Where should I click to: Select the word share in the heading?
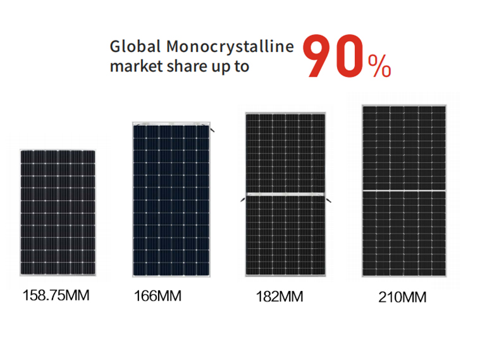[x=178, y=66]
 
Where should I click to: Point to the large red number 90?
[x=334, y=58]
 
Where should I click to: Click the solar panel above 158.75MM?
[x=58, y=212]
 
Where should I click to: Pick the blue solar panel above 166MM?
[x=170, y=199]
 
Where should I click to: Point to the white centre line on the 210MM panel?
[x=403, y=190]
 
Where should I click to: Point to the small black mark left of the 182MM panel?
[x=242, y=200]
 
